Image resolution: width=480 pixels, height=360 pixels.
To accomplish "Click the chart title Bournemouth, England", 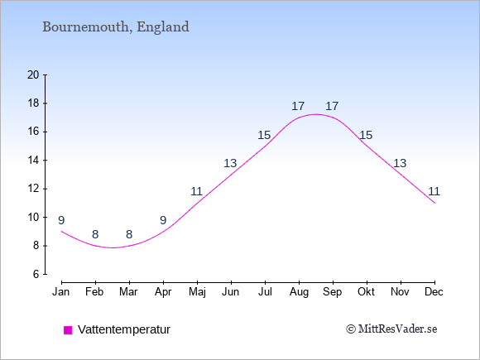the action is click(x=116, y=27).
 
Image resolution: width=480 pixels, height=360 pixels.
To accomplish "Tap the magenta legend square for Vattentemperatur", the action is click(x=68, y=330).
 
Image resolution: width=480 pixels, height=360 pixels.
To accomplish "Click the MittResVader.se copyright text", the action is click(x=391, y=329).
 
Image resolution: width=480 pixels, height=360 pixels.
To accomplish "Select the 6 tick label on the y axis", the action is click(x=36, y=274).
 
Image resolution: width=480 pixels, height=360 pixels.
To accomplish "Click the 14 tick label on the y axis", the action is click(x=33, y=160).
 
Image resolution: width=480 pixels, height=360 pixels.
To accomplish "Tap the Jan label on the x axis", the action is click(x=61, y=292).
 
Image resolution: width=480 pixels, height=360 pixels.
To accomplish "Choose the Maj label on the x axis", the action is click(x=197, y=292).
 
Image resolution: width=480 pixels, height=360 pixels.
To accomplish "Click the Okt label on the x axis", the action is click(x=366, y=292).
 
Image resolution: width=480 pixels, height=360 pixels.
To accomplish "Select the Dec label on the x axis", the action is click(x=434, y=292).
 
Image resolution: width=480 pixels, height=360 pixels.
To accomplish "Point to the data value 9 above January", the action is click(x=61, y=220).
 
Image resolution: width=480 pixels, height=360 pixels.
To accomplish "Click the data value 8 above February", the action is click(x=95, y=234).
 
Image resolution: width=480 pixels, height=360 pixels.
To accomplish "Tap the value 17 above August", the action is click(x=298, y=106).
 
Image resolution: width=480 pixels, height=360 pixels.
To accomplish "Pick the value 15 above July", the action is click(x=264, y=135).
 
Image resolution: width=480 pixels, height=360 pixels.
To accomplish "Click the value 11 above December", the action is click(x=434, y=192).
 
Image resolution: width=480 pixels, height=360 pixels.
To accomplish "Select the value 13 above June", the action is click(x=230, y=164).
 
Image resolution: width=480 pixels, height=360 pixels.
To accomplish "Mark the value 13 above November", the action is click(x=400, y=164).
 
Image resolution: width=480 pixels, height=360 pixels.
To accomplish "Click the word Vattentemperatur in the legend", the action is click(x=124, y=329).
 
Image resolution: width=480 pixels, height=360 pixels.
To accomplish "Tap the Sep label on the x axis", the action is click(x=332, y=292).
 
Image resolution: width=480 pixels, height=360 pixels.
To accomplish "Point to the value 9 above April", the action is click(x=163, y=220).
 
